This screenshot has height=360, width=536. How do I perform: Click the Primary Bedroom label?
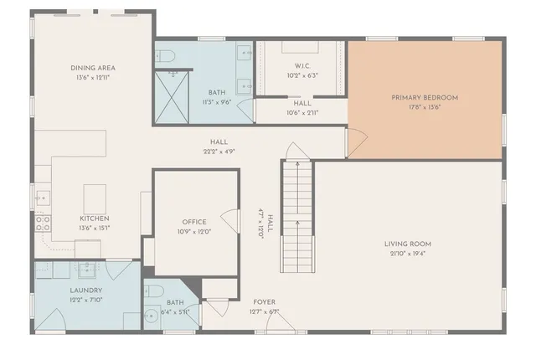click(425, 97)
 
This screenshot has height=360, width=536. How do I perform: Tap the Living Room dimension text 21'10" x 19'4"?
click(408, 254)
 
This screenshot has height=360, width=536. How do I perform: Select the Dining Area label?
click(93, 67)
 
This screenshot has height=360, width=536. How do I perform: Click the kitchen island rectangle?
click(95, 199)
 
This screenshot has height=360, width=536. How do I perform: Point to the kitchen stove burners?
click(42, 223)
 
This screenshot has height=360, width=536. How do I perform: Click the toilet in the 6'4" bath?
click(152, 291)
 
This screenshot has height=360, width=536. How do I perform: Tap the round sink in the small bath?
click(152, 317)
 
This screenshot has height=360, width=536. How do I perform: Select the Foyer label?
click(264, 302)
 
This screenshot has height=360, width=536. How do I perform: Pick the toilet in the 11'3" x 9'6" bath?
click(166, 57)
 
